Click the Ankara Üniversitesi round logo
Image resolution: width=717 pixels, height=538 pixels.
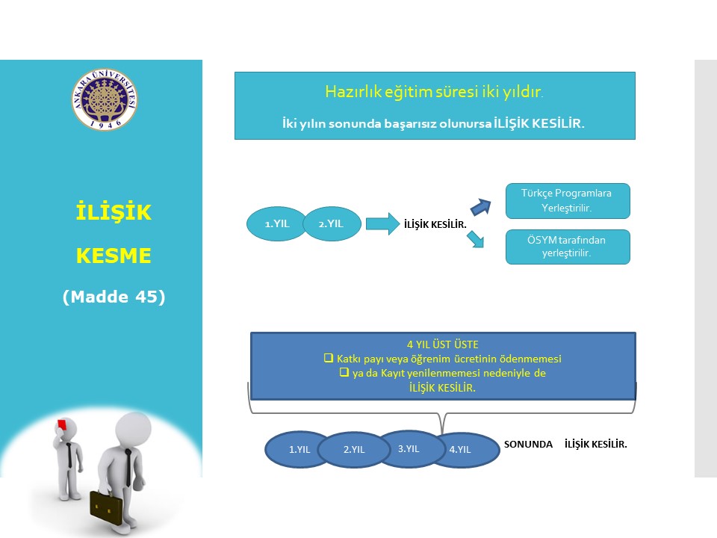coord(105,99)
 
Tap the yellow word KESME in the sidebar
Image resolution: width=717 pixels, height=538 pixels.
coord(114,256)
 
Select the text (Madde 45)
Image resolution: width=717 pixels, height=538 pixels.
coord(114,297)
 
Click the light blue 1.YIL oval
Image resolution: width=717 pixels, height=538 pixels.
coord(276,223)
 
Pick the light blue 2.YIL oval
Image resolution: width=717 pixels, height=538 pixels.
coord(332,223)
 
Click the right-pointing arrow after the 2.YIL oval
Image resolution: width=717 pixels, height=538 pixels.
coord(382,223)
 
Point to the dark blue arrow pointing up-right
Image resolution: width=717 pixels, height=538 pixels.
coord(480,207)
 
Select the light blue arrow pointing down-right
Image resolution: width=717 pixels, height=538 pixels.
coord(476,239)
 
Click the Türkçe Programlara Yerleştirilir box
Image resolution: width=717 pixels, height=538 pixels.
coord(568,201)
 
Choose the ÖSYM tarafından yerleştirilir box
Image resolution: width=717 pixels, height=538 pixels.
coord(568,247)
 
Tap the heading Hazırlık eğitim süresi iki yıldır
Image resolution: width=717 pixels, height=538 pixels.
coord(434,91)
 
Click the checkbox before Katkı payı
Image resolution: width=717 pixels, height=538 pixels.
coord(329,358)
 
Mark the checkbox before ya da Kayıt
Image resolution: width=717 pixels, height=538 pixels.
coord(344,372)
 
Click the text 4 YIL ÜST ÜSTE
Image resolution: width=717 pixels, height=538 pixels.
coord(443,344)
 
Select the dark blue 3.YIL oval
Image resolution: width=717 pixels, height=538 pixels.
coord(409,449)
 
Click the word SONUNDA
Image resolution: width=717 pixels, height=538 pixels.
coord(528,444)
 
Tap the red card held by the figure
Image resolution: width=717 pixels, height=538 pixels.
coord(62,424)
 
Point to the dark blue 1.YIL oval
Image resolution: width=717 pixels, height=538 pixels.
coord(299,450)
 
